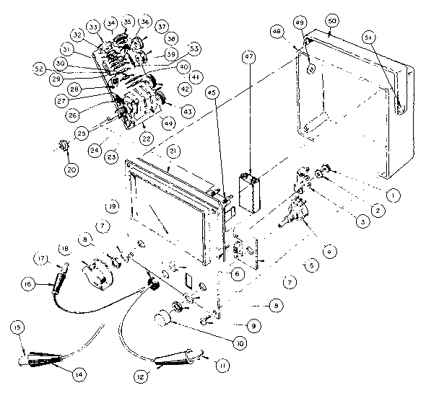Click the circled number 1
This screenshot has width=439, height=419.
click(x=391, y=194)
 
